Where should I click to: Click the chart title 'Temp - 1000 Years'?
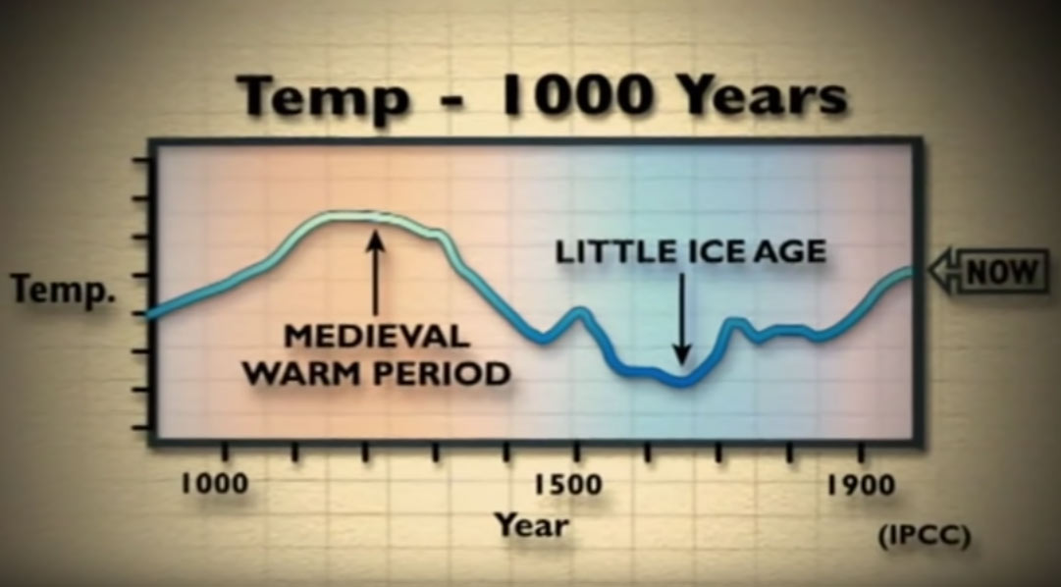(x=542, y=96)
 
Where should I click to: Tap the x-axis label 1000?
(x=214, y=485)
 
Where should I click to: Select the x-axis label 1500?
(x=567, y=485)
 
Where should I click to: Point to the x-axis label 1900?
(x=861, y=485)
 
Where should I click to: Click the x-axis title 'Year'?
(x=531, y=525)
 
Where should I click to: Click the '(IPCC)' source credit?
(x=925, y=536)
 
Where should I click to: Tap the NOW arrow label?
(x=988, y=272)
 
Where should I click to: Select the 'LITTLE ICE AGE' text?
(x=691, y=252)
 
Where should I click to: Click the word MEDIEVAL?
(x=377, y=336)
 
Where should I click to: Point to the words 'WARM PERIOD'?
(x=377, y=373)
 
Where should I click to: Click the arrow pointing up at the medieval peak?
(x=376, y=273)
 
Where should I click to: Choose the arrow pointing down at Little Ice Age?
(x=682, y=318)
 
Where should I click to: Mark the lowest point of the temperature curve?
(x=683, y=383)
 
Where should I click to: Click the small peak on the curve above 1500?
(x=579, y=313)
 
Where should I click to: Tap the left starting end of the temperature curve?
(x=150, y=313)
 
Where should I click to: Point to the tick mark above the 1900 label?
(x=861, y=453)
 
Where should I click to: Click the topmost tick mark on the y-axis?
(x=140, y=160)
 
